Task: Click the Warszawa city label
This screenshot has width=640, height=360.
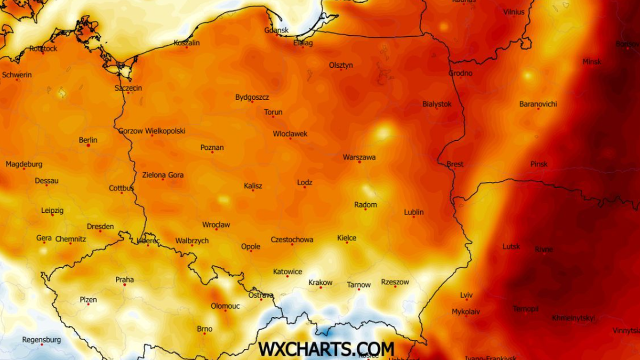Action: pyautogui.click(x=359, y=157)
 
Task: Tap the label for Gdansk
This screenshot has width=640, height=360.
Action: pyautogui.click(x=276, y=30)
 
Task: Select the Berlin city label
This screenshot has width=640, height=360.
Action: pyautogui.click(x=88, y=140)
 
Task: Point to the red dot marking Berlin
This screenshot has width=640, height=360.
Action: pyautogui.click(x=88, y=145)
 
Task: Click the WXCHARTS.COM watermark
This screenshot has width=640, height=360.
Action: pyautogui.click(x=326, y=349)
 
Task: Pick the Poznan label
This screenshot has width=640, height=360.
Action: pyautogui.click(x=212, y=148)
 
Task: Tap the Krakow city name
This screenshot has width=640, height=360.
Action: pyautogui.click(x=320, y=283)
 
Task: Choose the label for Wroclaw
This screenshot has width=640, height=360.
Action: pyautogui.click(x=216, y=225)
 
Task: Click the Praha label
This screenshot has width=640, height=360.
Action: pyautogui.click(x=125, y=279)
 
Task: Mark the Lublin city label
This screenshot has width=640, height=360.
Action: pyautogui.click(x=414, y=212)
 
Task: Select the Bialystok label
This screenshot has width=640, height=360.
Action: pyautogui.click(x=437, y=104)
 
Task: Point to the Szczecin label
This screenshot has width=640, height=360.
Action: pyautogui.click(x=128, y=88)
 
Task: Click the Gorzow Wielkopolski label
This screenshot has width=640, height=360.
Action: pyautogui.click(x=152, y=131)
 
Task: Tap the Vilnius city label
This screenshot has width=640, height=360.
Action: pyautogui.click(x=514, y=12)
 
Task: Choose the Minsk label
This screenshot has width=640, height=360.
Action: pyautogui.click(x=591, y=62)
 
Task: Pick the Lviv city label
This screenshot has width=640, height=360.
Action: pyautogui.click(x=466, y=295)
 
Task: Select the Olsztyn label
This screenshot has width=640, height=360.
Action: pyautogui.click(x=341, y=65)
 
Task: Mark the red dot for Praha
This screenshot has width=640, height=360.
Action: pyautogui.click(x=125, y=285)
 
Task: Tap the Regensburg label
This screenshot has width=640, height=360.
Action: pyautogui.click(x=42, y=340)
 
